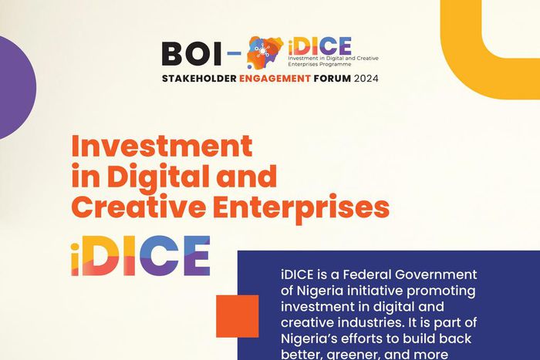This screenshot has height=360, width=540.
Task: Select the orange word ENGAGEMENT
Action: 277,79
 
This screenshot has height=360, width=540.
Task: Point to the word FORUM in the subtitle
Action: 332,79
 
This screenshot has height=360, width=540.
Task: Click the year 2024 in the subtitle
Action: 367,79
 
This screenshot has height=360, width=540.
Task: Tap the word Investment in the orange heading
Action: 161,146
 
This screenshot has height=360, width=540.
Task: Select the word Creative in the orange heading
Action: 125,207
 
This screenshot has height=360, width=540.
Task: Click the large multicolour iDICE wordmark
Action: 140,255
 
